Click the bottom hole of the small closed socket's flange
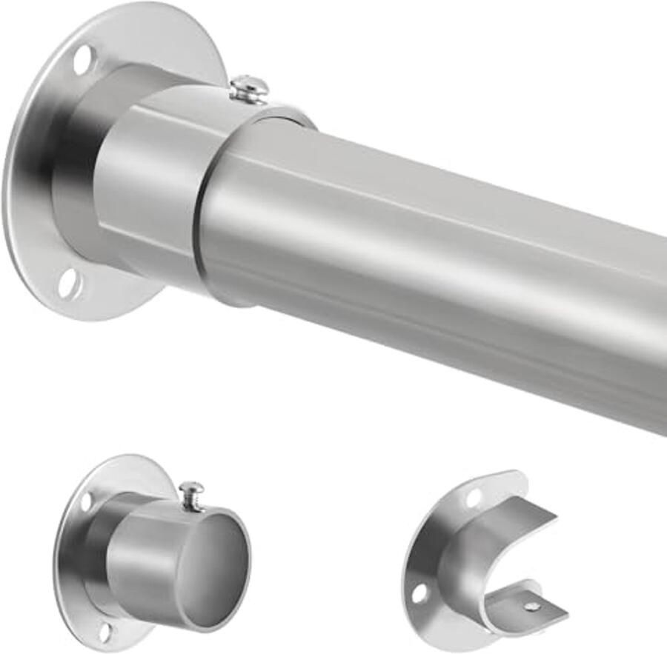tap(104, 630)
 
